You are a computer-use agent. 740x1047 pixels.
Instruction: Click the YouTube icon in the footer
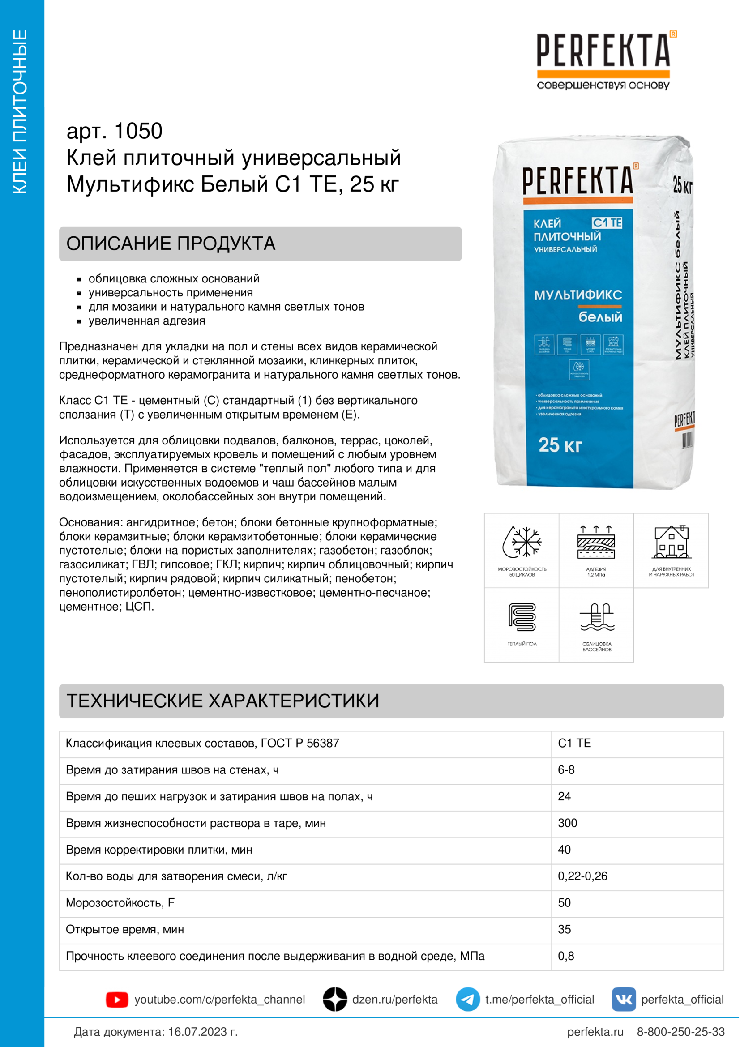[x=117, y=1000]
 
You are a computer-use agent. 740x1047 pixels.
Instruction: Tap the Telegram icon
[x=467, y=999]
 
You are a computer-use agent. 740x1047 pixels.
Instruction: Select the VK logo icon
[x=623, y=999]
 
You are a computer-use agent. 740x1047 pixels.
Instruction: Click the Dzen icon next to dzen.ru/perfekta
[x=335, y=999]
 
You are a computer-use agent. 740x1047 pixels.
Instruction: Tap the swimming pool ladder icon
[x=596, y=616]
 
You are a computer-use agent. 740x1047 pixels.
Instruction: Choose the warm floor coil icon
[x=522, y=616]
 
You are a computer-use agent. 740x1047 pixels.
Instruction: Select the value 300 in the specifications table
[x=567, y=823]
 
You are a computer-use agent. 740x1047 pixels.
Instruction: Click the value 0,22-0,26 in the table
[x=582, y=876]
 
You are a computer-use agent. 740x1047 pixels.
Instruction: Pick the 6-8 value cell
[x=566, y=770]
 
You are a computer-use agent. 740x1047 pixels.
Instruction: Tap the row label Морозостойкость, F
[x=120, y=903]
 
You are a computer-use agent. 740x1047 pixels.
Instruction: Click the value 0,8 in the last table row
[x=565, y=956]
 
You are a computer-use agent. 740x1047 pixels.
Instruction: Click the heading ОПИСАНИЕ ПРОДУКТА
[x=171, y=244]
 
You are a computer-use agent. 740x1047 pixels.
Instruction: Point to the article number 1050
[x=138, y=131]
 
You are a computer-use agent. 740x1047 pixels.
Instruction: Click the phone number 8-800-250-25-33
[x=680, y=1032]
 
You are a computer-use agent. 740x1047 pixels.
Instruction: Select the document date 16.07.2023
[x=197, y=1032]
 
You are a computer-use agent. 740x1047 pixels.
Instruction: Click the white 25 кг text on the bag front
[x=560, y=444]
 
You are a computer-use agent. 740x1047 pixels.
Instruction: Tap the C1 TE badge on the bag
[x=607, y=222]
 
